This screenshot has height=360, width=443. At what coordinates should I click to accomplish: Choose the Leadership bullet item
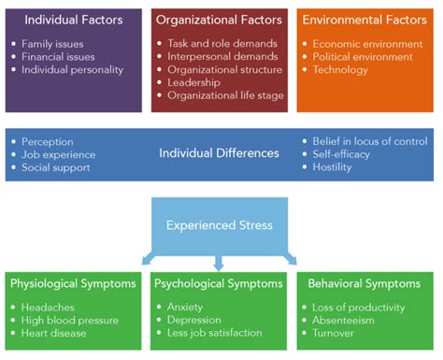(196, 81)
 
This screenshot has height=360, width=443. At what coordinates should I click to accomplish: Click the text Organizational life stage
(225, 94)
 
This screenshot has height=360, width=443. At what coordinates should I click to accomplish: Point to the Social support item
(57, 167)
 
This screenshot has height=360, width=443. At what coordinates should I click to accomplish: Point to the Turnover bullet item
(336, 334)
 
